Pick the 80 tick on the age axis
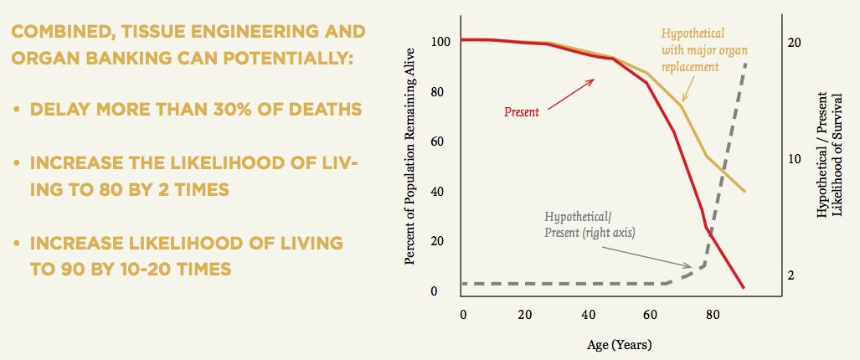[713, 314]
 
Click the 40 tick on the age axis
[588, 314]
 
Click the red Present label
[522, 111]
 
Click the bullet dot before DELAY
[16, 110]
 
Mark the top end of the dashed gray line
[744, 64]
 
